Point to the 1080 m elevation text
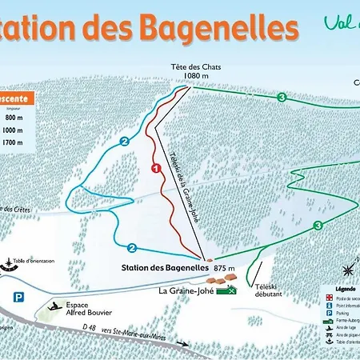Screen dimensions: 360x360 [x=195, y=77]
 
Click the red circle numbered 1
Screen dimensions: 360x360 [x=157, y=167]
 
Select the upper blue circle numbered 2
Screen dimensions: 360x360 [x=124, y=142]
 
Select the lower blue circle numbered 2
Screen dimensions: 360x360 [x=133, y=247]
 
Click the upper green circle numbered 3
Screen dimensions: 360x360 [x=282, y=97]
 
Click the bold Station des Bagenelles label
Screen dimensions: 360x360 [x=166, y=268]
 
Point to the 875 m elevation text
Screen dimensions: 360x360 [x=226, y=268]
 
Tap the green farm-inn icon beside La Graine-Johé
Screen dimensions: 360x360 [x=230, y=291]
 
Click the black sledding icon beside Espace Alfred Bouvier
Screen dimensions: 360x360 [x=55, y=306]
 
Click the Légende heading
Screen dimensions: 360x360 [x=345, y=289]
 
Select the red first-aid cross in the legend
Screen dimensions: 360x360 [x=330, y=298]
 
